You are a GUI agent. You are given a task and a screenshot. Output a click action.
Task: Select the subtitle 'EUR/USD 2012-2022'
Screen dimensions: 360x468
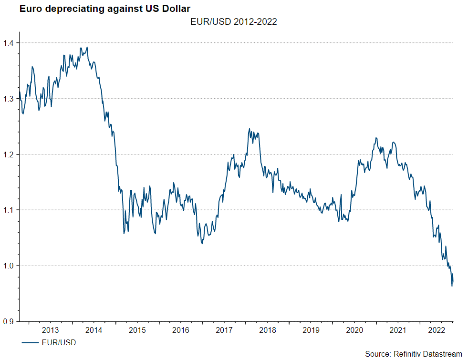click(x=233, y=22)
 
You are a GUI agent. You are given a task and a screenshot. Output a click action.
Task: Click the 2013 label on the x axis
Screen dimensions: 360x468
click(x=51, y=330)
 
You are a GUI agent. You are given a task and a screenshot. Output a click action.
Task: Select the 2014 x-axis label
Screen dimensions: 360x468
click(x=94, y=330)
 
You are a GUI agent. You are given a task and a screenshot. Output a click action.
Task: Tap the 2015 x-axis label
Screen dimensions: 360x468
click(x=137, y=330)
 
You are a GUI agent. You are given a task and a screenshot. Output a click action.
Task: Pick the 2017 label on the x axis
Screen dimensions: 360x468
click(x=224, y=330)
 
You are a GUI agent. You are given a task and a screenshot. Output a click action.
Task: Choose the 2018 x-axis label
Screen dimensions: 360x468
click(x=267, y=330)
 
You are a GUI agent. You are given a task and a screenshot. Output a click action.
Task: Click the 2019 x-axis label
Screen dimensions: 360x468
click(x=311, y=330)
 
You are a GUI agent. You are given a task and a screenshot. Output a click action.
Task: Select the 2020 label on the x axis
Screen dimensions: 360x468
click(x=354, y=330)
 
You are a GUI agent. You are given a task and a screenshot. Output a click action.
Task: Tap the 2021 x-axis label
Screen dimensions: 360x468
click(x=397, y=330)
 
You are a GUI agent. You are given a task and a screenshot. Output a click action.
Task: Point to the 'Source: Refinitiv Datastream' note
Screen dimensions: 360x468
click(x=413, y=353)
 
